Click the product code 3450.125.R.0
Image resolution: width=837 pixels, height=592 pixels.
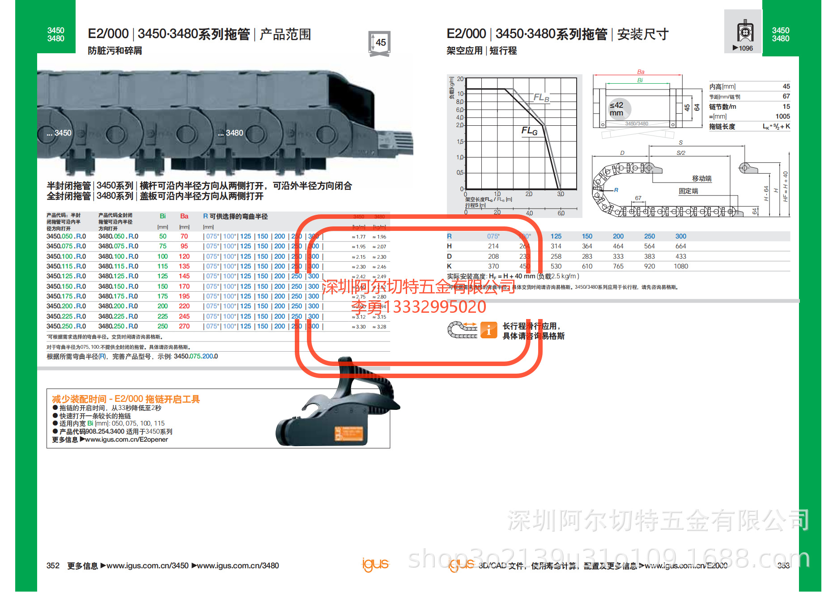(66, 277)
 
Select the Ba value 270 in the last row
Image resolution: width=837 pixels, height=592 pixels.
(184, 327)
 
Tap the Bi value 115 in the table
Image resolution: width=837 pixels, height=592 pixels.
(162, 267)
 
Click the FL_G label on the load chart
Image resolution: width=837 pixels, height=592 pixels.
(529, 131)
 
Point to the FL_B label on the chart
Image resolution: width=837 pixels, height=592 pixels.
(541, 98)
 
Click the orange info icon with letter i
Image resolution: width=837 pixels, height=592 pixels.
(489, 330)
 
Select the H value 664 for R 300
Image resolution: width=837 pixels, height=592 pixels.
(680, 247)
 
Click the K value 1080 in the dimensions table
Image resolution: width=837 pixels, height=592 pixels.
(680, 267)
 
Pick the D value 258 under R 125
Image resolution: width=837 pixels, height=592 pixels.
(556, 256)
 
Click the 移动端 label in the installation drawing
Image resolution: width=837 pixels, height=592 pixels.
(701, 179)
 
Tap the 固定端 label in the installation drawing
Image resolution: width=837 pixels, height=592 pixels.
(688, 191)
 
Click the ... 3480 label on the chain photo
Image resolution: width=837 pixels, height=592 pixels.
(231, 133)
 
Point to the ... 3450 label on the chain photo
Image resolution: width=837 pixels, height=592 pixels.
(59, 133)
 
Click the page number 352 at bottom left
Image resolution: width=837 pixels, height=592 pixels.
(53, 566)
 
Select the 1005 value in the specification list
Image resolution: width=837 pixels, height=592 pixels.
(782, 116)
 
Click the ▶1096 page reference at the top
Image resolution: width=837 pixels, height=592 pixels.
(743, 48)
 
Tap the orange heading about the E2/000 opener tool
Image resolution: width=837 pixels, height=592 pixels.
(126, 399)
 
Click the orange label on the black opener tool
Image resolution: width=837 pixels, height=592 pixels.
(349, 434)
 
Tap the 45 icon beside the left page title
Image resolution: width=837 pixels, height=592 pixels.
(379, 43)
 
